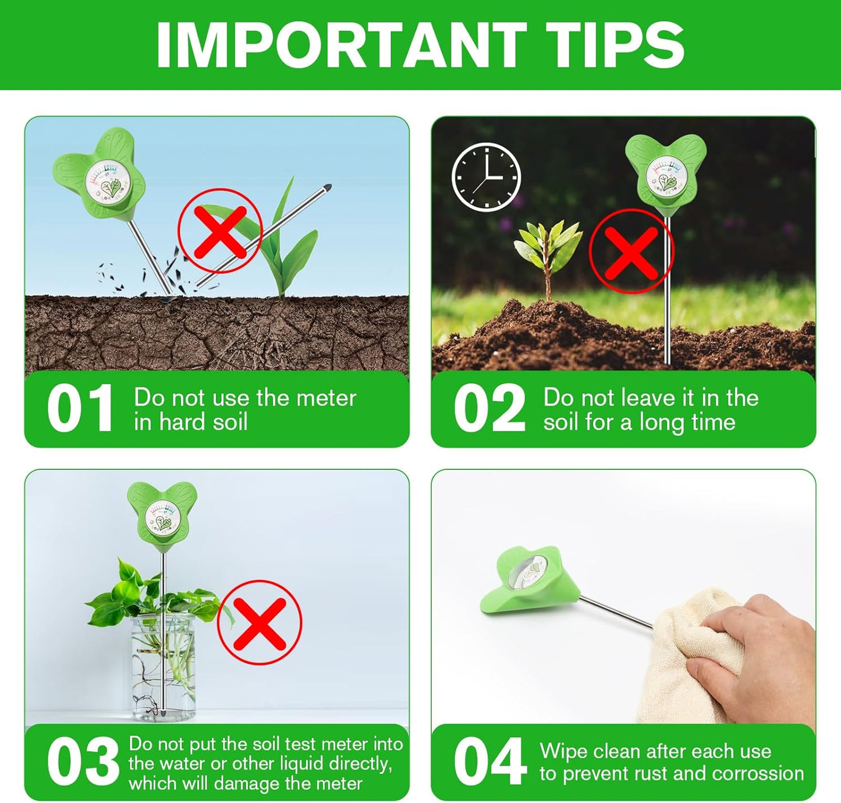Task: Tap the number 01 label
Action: [x=80, y=409]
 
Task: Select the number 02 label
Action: [x=489, y=409]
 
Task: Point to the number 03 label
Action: [x=83, y=761]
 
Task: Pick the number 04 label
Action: [x=489, y=761]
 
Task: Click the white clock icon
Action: [x=486, y=176]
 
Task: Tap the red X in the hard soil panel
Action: [x=220, y=231]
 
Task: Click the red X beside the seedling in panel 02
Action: [x=631, y=252]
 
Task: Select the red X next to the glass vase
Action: [x=260, y=622]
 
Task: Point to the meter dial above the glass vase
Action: [x=162, y=517]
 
